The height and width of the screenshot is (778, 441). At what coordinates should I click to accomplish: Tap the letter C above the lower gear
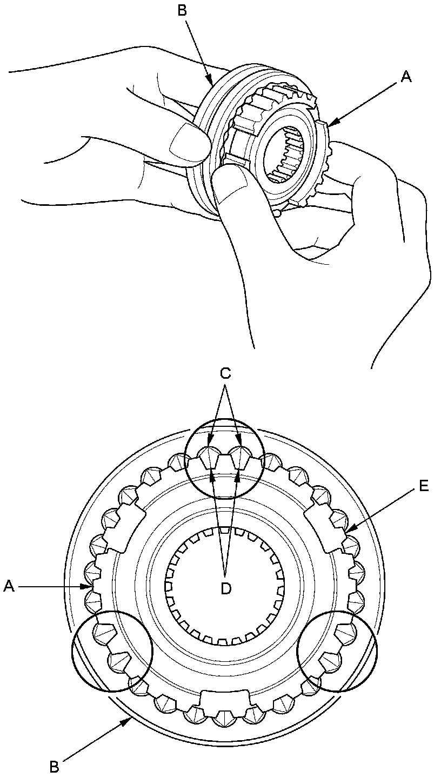tap(226, 373)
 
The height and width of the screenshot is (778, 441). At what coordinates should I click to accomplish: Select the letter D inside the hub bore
tap(226, 588)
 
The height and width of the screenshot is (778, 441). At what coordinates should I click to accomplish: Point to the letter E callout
tap(423, 486)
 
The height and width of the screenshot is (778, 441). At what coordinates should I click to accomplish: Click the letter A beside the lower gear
tap(9, 585)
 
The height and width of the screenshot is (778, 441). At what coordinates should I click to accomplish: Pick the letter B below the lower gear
tap(54, 767)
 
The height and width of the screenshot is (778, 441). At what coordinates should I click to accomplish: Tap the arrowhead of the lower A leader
tap(86, 585)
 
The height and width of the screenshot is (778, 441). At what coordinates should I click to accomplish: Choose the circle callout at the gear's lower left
tap(112, 651)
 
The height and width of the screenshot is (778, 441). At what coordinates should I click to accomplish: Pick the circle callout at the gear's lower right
tap(338, 651)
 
